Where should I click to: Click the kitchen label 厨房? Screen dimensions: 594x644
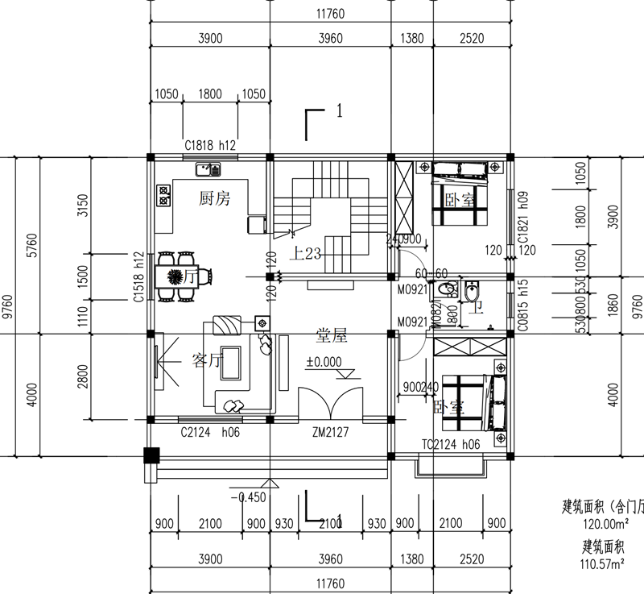(x=214, y=198)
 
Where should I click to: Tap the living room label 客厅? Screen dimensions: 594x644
(x=206, y=360)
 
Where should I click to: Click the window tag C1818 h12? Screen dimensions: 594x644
(x=209, y=146)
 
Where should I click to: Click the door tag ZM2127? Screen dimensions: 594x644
(x=331, y=433)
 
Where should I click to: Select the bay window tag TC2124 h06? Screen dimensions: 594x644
(x=451, y=445)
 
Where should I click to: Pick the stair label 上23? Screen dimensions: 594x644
(x=308, y=254)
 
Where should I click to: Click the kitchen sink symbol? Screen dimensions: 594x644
(x=208, y=169)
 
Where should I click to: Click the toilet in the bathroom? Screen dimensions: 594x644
(x=473, y=292)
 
